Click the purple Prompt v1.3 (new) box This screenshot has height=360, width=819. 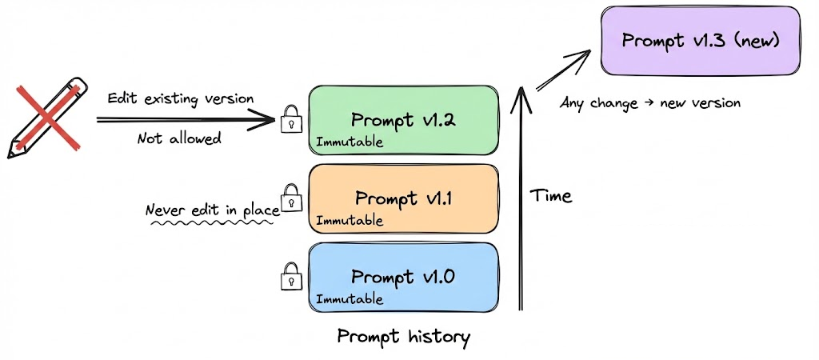701,41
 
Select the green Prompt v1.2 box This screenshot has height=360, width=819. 404,119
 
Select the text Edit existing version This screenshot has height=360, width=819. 181,99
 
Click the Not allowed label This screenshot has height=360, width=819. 179,138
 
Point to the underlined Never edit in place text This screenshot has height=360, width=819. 212,210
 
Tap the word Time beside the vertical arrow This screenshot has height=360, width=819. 551,195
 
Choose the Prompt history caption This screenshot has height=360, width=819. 403,336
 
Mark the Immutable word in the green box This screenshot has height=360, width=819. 350,142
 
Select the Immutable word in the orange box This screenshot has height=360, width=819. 350,220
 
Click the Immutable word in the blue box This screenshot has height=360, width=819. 350,299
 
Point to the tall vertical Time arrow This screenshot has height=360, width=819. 522,200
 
